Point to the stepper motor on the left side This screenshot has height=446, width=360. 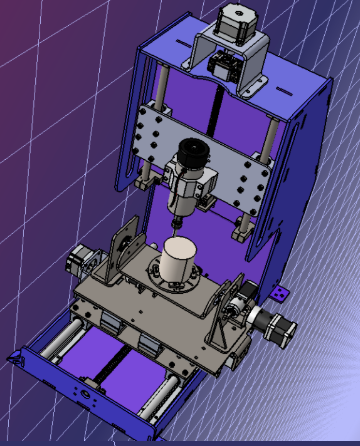(80, 262)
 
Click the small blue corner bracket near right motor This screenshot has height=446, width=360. (279, 293)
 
